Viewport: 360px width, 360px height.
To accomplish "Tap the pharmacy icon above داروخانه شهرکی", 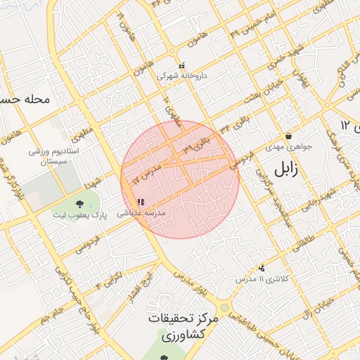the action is pos(182,65).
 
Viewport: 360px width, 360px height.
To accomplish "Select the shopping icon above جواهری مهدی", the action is pos(288,136).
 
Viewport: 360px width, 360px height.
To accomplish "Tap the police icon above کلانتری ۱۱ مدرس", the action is pos(262,268).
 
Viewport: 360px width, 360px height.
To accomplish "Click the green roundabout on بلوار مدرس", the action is pos(224,308).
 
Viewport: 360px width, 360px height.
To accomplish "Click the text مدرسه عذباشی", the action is pos(140,212).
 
